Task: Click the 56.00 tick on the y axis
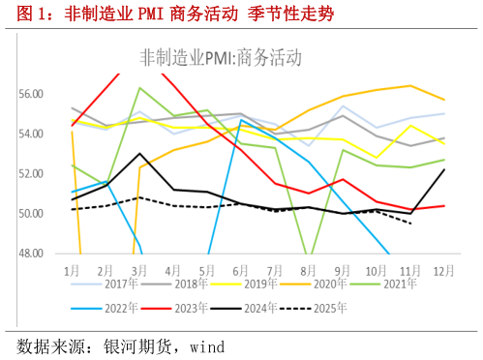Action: coord(31,94)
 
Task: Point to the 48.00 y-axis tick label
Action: coord(31,254)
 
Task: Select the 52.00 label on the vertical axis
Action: coord(31,174)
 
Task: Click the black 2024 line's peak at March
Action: coord(140,153)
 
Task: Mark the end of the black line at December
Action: coord(444,169)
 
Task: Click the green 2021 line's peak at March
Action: coord(140,88)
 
